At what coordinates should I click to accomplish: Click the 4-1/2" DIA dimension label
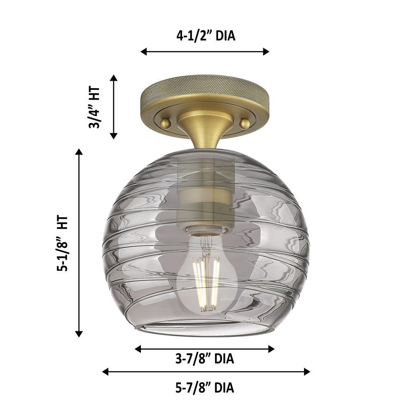point(206,36)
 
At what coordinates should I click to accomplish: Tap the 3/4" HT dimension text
point(94,107)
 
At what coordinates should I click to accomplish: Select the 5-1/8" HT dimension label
point(63,243)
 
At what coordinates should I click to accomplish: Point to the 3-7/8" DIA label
point(205,358)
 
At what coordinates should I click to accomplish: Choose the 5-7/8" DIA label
point(205,388)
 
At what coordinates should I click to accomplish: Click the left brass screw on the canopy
point(166,123)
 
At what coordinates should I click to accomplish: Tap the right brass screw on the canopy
point(245,123)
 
